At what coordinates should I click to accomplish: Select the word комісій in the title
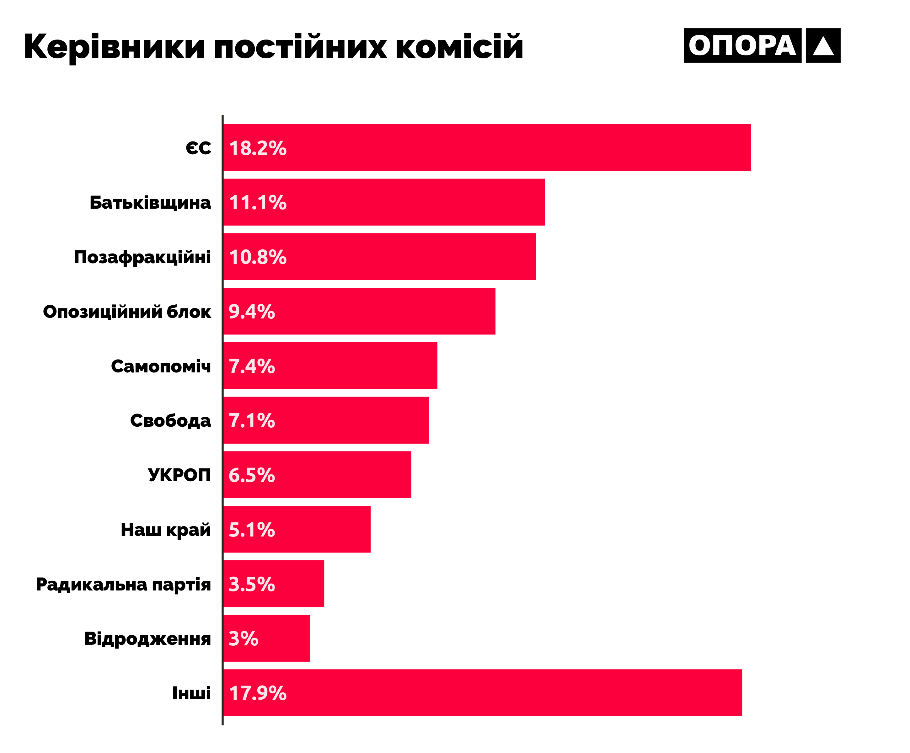pyautogui.click(x=459, y=47)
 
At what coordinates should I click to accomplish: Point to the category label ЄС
pyautogui.click(x=198, y=148)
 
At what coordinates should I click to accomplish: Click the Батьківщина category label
pyautogui.click(x=150, y=203)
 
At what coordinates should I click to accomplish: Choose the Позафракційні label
pyautogui.click(x=142, y=257)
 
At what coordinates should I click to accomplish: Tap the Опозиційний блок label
pyautogui.click(x=127, y=312)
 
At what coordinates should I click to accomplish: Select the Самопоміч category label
pyautogui.click(x=161, y=366)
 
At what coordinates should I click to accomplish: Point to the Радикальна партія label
pyautogui.click(x=124, y=585)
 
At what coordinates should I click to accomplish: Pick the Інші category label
pyautogui.click(x=191, y=693)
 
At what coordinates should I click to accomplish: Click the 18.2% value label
pyautogui.click(x=258, y=148)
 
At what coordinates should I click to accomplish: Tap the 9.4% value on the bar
pyautogui.click(x=252, y=312)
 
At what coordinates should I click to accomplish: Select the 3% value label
pyautogui.click(x=244, y=638)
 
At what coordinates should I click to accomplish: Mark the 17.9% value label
pyautogui.click(x=258, y=693)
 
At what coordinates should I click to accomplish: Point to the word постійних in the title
pyautogui.click(x=300, y=47)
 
